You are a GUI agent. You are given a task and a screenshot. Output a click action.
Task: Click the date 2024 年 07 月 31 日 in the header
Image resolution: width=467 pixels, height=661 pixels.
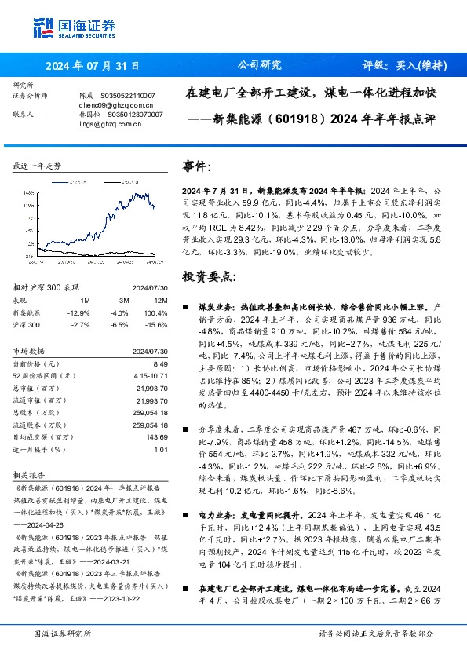point(92,66)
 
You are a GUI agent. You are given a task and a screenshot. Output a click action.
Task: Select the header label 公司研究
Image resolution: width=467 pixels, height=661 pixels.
point(259,66)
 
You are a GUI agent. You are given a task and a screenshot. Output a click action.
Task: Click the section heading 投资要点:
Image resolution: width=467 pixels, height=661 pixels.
point(208,278)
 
